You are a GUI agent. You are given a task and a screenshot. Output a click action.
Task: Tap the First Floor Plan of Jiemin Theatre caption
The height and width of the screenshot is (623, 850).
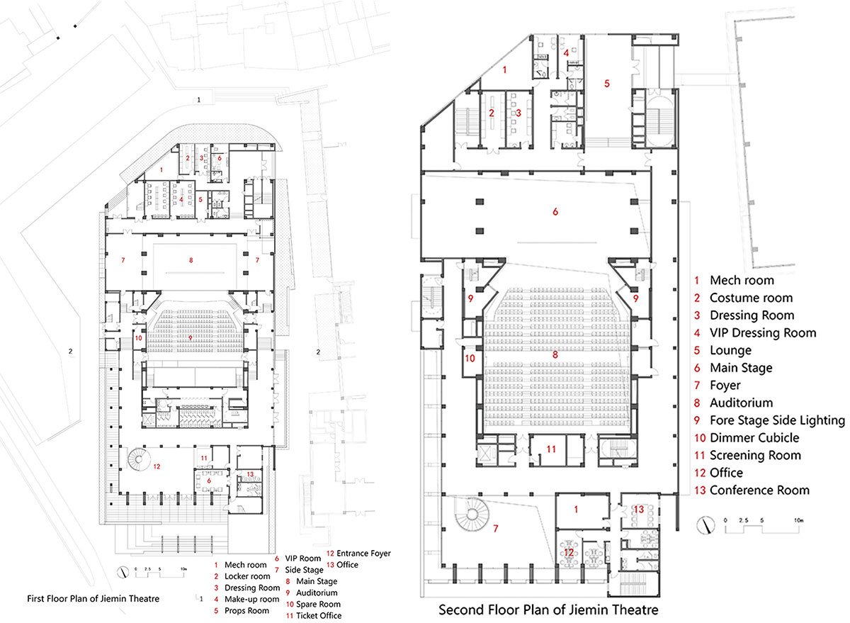point(93,599)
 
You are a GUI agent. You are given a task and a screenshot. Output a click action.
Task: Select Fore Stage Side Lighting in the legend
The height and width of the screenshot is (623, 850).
point(777,420)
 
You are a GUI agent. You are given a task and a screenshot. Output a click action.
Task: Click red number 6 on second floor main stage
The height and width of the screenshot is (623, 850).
point(555,211)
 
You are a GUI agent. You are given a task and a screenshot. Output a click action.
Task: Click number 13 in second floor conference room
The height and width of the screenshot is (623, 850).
point(639,509)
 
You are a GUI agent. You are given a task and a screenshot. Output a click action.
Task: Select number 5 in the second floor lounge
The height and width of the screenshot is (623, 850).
point(607,83)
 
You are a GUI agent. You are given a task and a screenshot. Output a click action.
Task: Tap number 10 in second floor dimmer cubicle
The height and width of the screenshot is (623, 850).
point(470,358)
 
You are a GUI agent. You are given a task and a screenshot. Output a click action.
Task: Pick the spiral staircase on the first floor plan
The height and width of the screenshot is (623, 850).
point(135,461)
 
